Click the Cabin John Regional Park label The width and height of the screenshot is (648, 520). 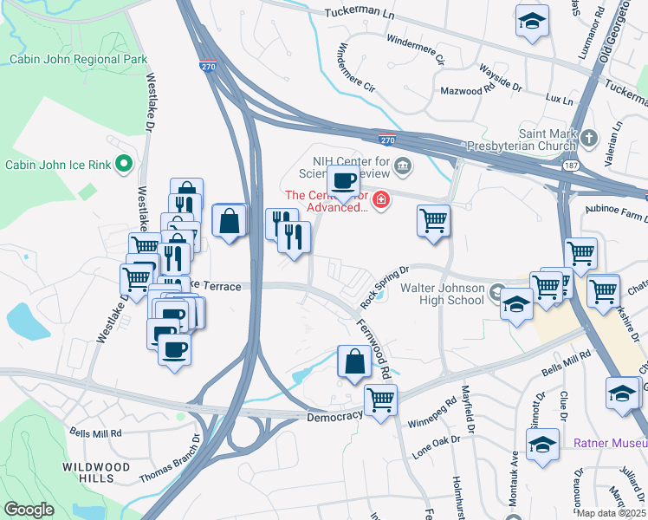click(x=78, y=60)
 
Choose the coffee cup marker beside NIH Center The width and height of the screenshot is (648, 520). click(x=343, y=183)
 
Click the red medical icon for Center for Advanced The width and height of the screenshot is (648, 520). click(x=381, y=202)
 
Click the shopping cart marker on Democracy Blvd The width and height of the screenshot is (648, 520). click(x=379, y=400)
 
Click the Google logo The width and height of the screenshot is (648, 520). click(x=29, y=510)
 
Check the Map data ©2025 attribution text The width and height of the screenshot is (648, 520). click(x=611, y=513)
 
